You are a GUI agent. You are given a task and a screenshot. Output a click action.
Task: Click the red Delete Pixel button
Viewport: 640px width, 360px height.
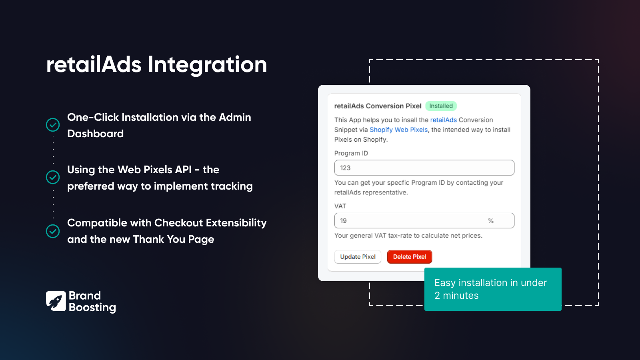(x=409, y=257)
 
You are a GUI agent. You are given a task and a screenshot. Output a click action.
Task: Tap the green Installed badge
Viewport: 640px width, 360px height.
(x=441, y=106)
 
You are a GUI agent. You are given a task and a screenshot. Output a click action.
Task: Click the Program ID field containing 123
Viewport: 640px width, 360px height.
(x=424, y=168)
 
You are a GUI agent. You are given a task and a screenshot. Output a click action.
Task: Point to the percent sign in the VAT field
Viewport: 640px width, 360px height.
(x=491, y=221)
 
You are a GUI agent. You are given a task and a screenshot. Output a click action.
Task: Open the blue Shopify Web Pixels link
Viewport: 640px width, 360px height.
(x=398, y=130)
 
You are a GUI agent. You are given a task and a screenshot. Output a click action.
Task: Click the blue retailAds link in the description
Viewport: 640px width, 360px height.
(x=443, y=120)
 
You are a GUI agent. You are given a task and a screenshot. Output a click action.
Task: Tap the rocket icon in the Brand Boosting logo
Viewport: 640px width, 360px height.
(x=56, y=301)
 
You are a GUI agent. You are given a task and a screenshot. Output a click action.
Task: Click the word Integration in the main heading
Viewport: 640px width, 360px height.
(x=207, y=65)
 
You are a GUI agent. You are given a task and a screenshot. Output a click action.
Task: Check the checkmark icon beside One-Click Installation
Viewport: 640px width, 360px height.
(x=53, y=125)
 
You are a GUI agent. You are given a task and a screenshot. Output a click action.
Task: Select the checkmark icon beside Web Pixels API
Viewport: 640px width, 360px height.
(x=53, y=177)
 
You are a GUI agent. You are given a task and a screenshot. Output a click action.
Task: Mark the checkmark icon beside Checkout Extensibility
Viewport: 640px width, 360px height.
(x=53, y=231)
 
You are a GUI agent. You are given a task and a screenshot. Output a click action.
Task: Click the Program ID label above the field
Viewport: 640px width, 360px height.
(x=351, y=153)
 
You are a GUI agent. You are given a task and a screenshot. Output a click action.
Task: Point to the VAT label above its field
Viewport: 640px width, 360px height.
(x=340, y=206)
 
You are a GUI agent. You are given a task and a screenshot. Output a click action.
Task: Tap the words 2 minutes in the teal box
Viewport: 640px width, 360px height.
(x=456, y=296)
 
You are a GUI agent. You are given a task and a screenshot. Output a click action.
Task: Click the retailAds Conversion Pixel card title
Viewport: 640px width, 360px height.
(x=378, y=106)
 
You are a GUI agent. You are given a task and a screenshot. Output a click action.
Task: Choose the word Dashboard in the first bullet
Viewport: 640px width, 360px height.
(x=95, y=134)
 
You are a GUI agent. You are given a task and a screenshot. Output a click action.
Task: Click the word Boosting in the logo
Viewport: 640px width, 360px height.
(x=92, y=307)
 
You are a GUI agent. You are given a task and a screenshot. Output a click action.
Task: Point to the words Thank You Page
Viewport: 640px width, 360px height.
(x=174, y=239)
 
